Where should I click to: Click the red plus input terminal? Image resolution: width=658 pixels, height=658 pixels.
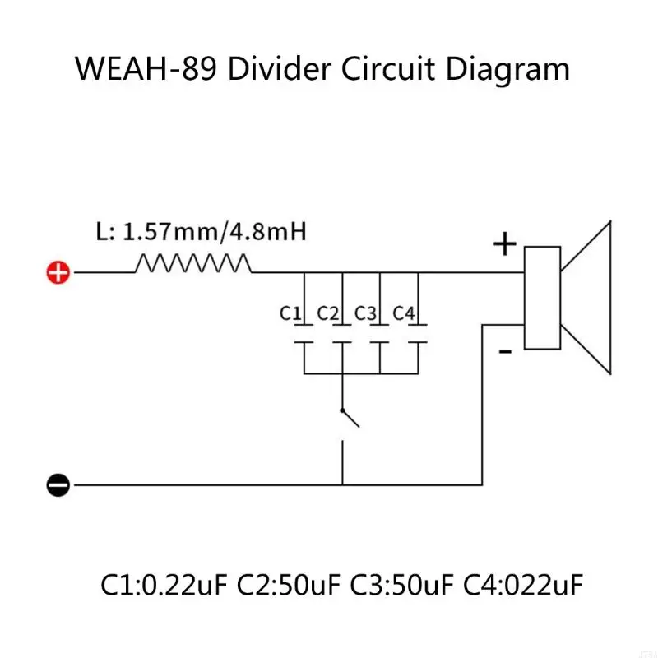point(58,273)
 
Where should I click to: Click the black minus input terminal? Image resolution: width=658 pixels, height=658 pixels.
point(58,484)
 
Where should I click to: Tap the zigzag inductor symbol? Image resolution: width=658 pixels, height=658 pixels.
point(192,263)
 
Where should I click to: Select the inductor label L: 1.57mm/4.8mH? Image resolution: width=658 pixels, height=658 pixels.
point(202,231)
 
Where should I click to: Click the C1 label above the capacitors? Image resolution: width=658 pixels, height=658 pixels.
point(291,313)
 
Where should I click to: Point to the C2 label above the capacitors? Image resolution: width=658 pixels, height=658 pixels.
point(327,313)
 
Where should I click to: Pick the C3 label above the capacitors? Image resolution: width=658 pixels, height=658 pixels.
point(365,313)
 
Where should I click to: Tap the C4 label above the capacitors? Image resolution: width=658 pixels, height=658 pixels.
point(403,313)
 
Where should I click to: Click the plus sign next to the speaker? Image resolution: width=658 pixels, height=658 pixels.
point(504,244)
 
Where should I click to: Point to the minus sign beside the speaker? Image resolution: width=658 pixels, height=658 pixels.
point(505,352)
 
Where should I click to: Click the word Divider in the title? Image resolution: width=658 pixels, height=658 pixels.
point(279,69)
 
